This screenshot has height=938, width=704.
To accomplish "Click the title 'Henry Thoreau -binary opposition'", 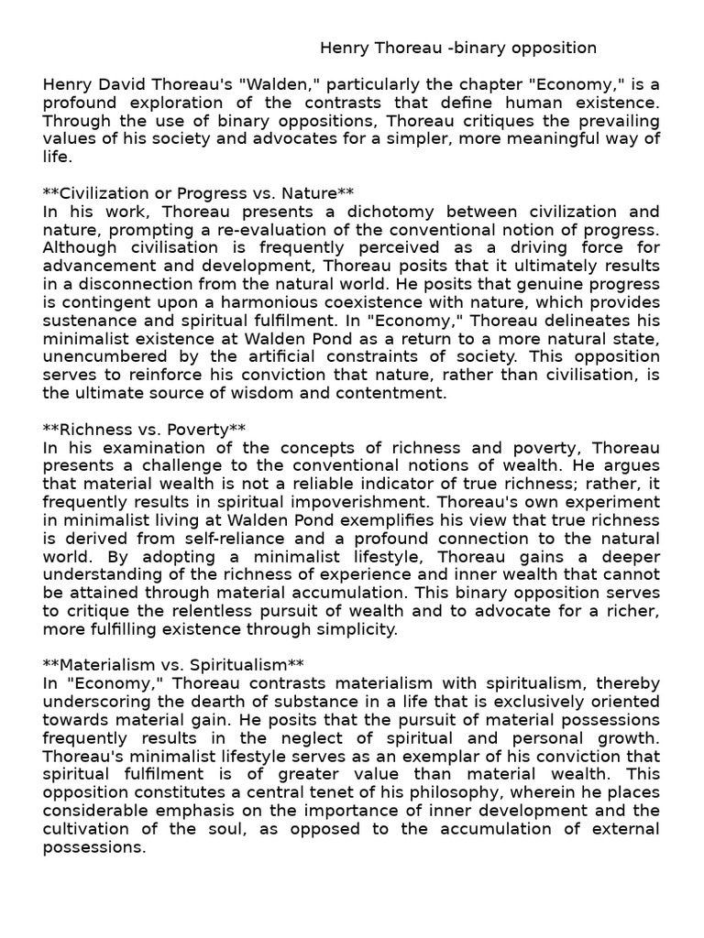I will click(458, 48).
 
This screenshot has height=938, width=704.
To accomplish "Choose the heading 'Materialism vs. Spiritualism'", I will click(173, 664).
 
